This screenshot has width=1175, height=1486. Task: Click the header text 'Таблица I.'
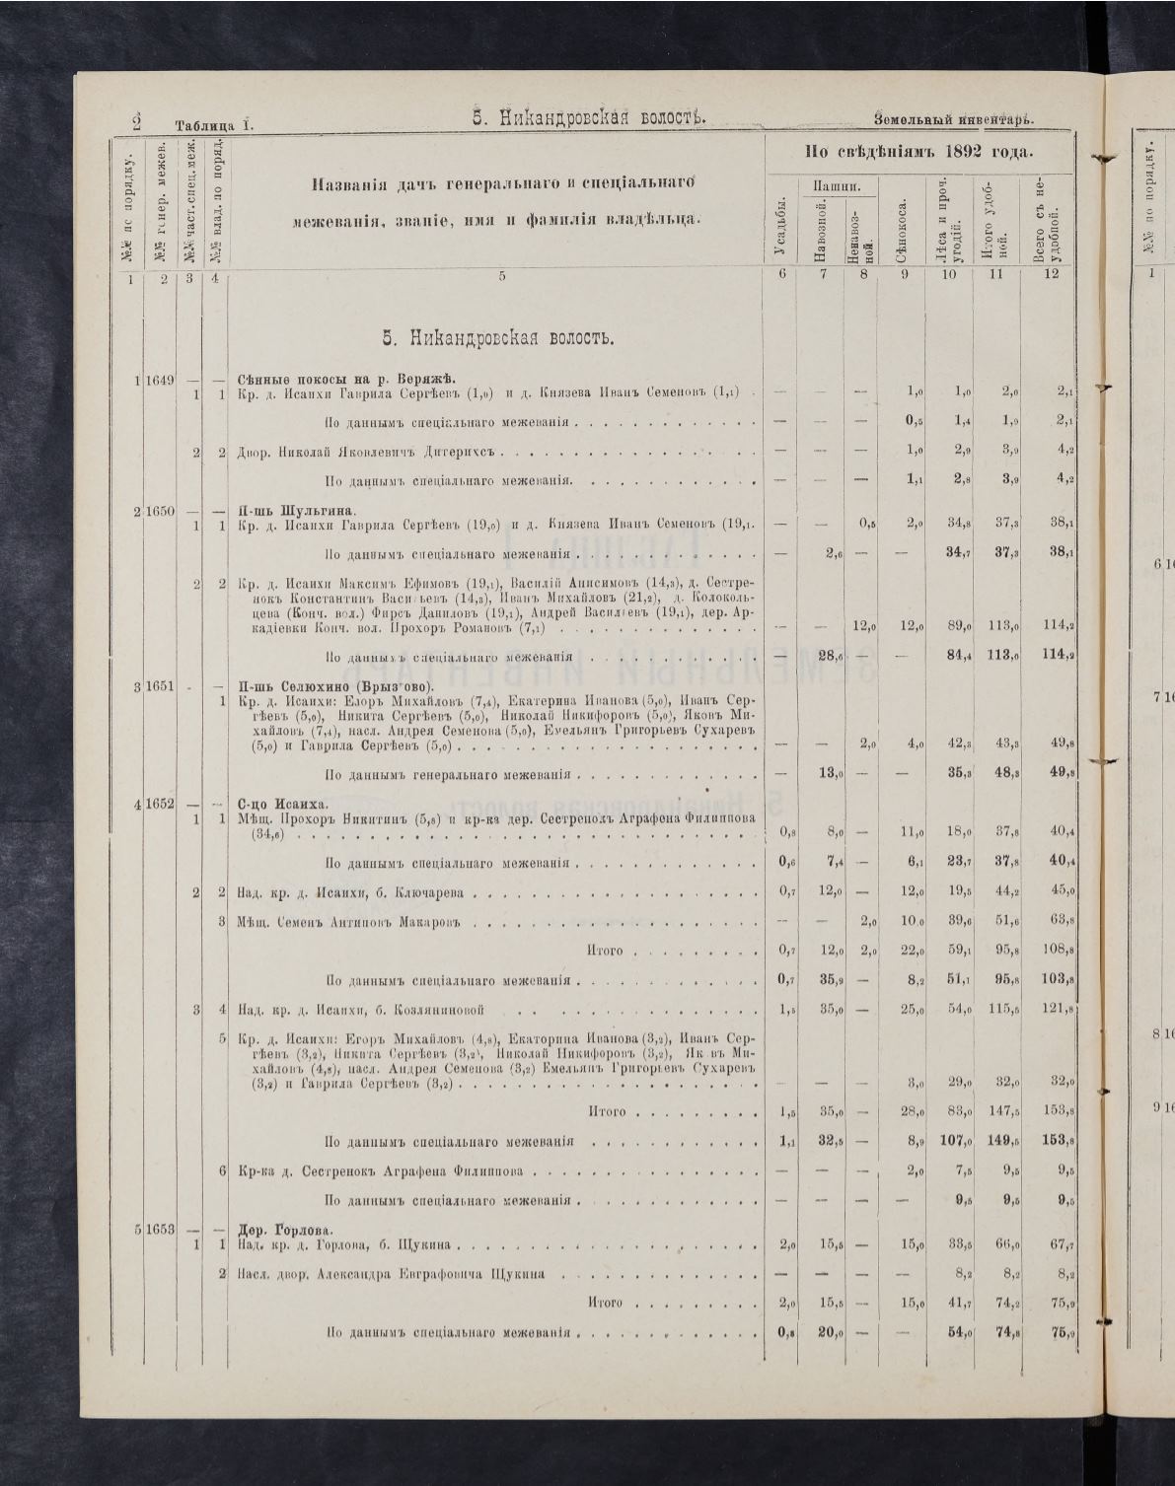pyautogui.click(x=214, y=125)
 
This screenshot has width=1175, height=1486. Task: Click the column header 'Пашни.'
pyautogui.click(x=833, y=184)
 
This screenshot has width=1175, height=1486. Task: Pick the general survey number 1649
pyautogui.click(x=159, y=380)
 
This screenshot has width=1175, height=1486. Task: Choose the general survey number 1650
pyautogui.click(x=159, y=511)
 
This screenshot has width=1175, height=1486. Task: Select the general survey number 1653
pyautogui.click(x=159, y=1229)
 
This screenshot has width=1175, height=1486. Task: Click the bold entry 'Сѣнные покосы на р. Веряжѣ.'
pyautogui.click(x=343, y=380)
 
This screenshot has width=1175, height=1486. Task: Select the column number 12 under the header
pyautogui.click(x=1052, y=274)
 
